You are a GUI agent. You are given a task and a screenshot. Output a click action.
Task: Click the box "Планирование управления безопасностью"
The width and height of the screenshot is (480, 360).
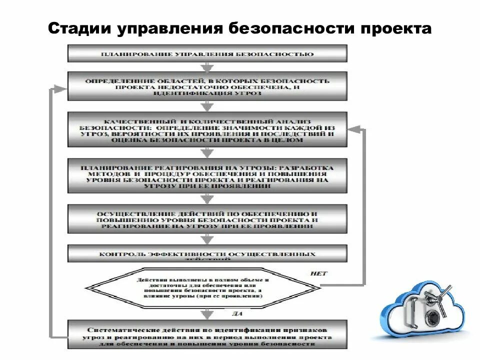(207, 53)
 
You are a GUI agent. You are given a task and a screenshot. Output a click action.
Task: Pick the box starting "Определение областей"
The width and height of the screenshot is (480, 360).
(207, 86)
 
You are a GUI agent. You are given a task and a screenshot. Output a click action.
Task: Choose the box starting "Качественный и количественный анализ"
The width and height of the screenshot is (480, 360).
(207, 129)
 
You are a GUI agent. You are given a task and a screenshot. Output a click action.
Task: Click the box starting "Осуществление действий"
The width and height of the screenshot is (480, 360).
(207, 218)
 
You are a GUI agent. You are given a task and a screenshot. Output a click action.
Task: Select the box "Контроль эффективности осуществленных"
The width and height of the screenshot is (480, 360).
(207, 253)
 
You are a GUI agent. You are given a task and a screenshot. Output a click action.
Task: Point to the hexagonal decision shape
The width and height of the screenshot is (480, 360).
(202, 287)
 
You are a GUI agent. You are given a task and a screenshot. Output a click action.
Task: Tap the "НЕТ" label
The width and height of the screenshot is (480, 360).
(318, 273)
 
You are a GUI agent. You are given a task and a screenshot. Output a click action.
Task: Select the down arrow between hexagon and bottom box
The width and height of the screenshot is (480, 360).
(207, 313)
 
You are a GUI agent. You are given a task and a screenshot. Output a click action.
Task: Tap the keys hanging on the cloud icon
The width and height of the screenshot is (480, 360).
(440, 297)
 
